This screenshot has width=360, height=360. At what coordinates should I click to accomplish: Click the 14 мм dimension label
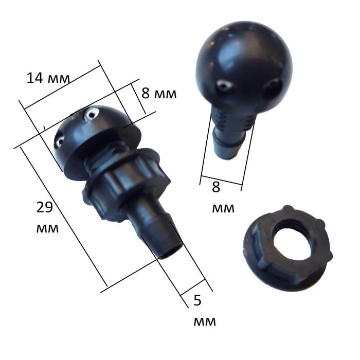tap(48, 78)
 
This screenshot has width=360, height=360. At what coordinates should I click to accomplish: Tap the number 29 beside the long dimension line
tap(45, 208)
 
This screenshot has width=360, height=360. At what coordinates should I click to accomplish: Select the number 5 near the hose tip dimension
tap(197, 300)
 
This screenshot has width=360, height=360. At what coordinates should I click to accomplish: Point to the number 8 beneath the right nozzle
tap(216, 187)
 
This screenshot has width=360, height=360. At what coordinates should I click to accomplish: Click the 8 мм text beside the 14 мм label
tap(159, 94)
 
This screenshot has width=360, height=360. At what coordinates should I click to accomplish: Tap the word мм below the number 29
tap(47, 228)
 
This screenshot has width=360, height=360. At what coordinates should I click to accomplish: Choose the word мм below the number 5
tap(205, 321)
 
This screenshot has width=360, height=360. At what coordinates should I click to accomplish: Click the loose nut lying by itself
tap(287, 248)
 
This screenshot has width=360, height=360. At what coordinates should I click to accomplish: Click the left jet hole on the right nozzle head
tap(224, 85)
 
